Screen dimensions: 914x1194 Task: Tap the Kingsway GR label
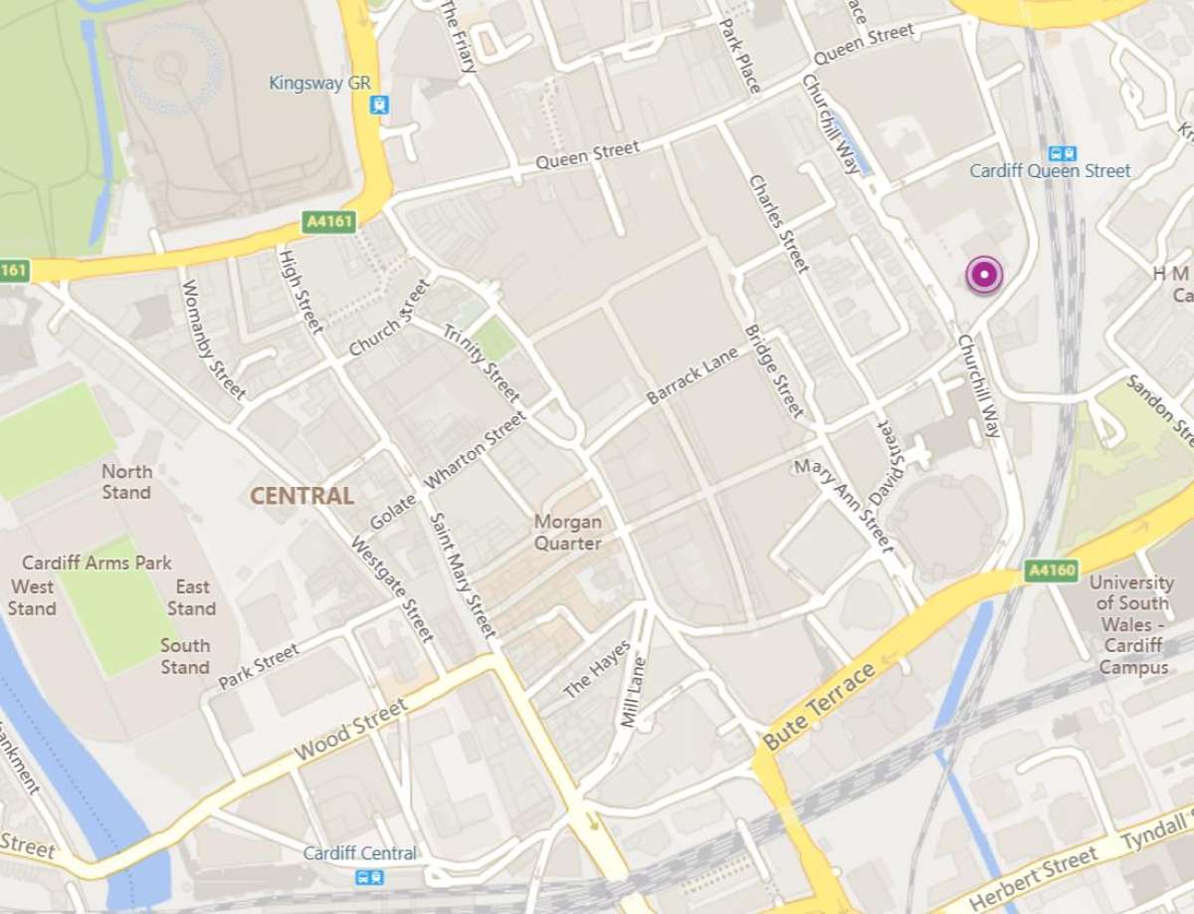coord(319,83)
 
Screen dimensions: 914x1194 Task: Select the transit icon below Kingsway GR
coord(379,105)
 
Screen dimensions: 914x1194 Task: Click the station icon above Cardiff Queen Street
coord(1063,153)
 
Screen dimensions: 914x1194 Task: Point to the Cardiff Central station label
coord(359,853)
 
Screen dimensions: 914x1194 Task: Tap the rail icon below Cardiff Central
coord(370,877)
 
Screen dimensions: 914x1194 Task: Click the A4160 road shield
coord(1052,571)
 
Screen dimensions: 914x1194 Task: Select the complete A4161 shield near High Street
coord(328,222)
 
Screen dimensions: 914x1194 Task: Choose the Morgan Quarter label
coord(567,532)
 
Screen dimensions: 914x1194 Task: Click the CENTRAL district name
coord(301,496)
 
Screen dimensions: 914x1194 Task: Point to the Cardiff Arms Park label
coord(97,563)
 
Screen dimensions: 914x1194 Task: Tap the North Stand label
coord(127,482)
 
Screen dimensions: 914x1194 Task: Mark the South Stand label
coord(185,656)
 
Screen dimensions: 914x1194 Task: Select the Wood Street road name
coord(351,732)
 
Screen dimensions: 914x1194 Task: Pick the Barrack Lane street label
coord(693,376)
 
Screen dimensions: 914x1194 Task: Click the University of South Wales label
coord(1131,623)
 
